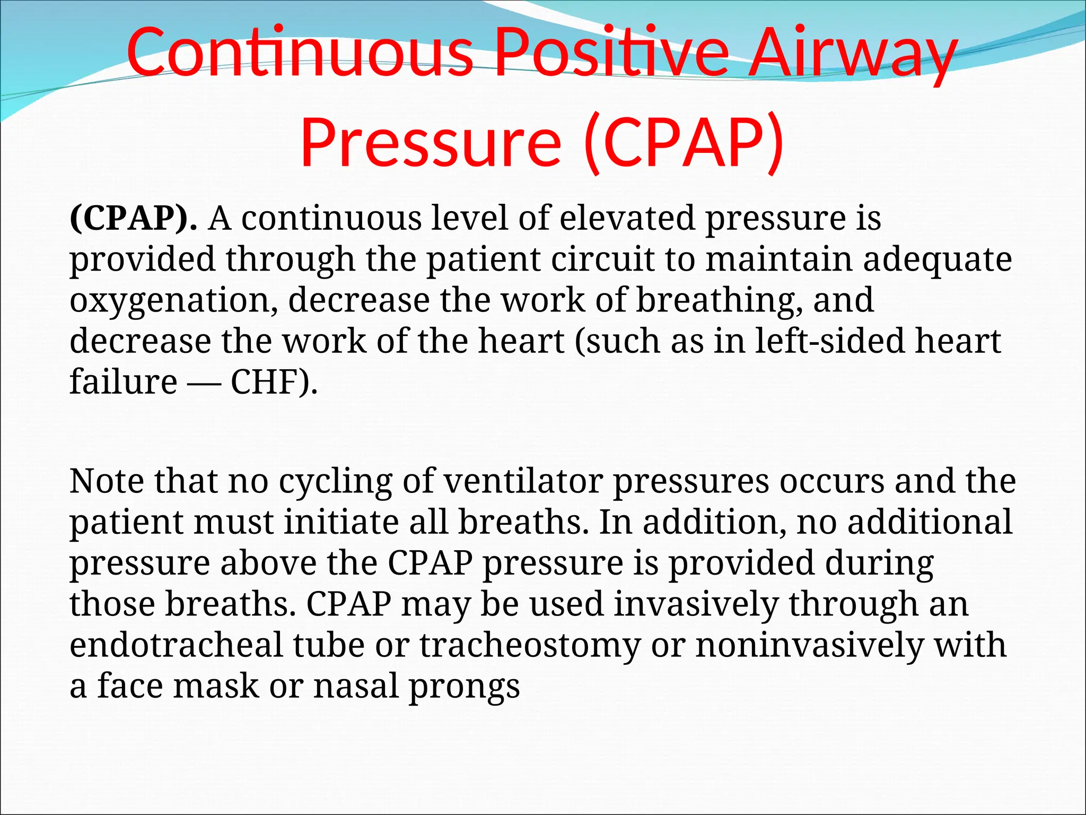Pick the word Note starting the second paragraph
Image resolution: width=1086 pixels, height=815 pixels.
pyautogui.click(x=107, y=481)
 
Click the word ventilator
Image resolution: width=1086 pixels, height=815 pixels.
pyautogui.click(x=523, y=481)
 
